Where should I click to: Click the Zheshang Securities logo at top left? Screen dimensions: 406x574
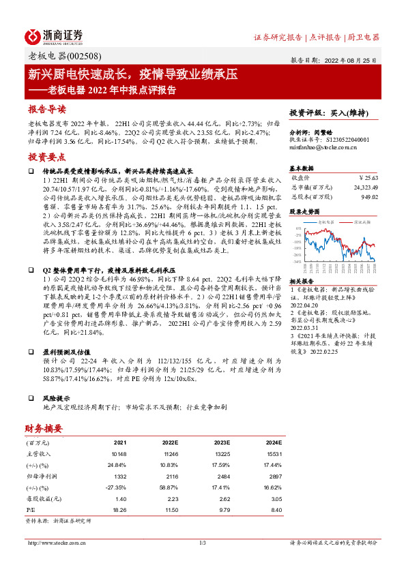click(54, 37)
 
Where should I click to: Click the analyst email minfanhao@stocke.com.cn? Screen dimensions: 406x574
click(321, 147)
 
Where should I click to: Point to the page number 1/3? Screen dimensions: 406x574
click(203, 543)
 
